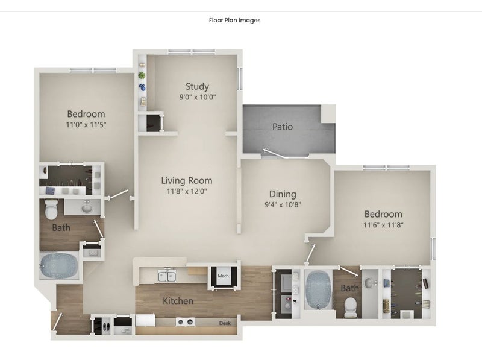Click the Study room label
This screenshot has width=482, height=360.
[x=197, y=86]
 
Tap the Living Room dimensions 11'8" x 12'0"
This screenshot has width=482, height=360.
[x=187, y=191]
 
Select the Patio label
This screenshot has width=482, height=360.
[x=283, y=127]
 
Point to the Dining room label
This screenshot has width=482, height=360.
[x=283, y=194]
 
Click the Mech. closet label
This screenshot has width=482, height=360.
[x=224, y=276]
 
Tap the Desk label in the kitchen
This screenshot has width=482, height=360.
[x=225, y=323]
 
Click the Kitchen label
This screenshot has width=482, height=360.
[x=178, y=301]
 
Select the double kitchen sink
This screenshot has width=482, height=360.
[x=167, y=276]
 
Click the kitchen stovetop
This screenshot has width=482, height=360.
[x=186, y=322]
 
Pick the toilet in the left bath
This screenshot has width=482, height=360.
[x=51, y=209]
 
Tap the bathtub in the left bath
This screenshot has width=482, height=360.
[x=59, y=266]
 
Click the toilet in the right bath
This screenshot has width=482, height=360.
[x=351, y=308]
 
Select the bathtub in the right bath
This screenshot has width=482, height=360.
[x=318, y=289]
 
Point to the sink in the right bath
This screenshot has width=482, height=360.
[x=370, y=282]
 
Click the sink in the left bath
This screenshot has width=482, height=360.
[x=87, y=207]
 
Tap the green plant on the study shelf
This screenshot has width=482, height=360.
[x=142, y=75]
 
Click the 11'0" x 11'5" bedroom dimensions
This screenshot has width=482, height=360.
[x=86, y=125]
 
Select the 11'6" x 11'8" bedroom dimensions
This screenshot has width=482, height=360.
[x=383, y=225]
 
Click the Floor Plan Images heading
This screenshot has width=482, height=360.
[x=235, y=21]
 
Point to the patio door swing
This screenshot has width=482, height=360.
[x=275, y=153]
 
